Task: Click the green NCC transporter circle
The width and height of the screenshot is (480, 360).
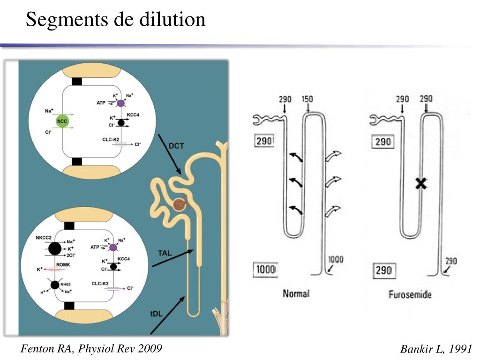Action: pos(62,121)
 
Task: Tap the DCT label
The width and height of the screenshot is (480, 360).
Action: pos(176,146)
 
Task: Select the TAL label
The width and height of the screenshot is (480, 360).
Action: pos(165,253)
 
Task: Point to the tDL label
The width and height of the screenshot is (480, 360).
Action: pos(156,314)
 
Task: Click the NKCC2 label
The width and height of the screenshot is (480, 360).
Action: pos(44,238)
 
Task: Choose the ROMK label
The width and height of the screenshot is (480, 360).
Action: pos(63,265)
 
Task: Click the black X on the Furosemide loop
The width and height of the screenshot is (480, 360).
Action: pos(421,184)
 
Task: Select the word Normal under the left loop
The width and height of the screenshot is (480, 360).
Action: pos(296,294)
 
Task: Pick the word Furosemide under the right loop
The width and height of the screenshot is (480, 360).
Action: pos(410,295)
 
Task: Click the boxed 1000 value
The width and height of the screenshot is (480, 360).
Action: pos(265,270)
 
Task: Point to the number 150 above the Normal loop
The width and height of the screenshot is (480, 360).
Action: pos(307,99)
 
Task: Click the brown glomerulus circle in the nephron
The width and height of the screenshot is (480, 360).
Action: pos(179,205)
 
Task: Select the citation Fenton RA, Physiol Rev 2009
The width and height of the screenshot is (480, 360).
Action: pos(91,348)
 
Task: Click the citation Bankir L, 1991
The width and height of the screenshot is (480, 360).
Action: pos(436,349)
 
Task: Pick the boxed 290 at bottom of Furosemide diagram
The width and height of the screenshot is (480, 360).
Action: pos(383,271)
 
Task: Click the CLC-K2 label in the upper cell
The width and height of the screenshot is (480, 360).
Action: pos(112,139)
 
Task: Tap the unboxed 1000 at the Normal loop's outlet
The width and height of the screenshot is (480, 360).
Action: pos(336,260)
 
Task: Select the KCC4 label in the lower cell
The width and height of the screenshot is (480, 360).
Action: pos(124,259)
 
